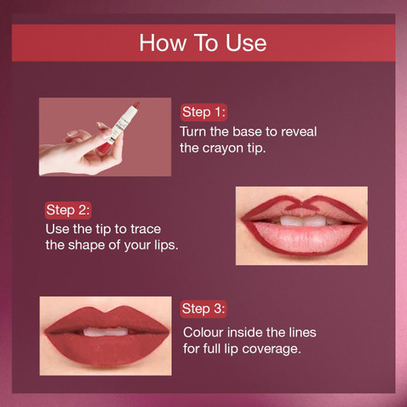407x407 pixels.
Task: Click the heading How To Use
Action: (203, 43)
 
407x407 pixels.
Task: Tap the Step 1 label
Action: (203, 112)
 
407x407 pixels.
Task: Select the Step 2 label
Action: (68, 210)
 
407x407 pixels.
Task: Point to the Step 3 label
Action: (203, 309)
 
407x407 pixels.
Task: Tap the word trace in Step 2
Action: (146, 229)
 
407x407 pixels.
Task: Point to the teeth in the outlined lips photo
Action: (304, 220)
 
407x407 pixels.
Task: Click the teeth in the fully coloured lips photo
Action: (106, 332)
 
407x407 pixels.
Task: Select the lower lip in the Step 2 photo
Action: (303, 237)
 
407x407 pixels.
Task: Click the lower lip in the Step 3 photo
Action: (107, 349)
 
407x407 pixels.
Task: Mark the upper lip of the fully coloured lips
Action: (106, 319)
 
